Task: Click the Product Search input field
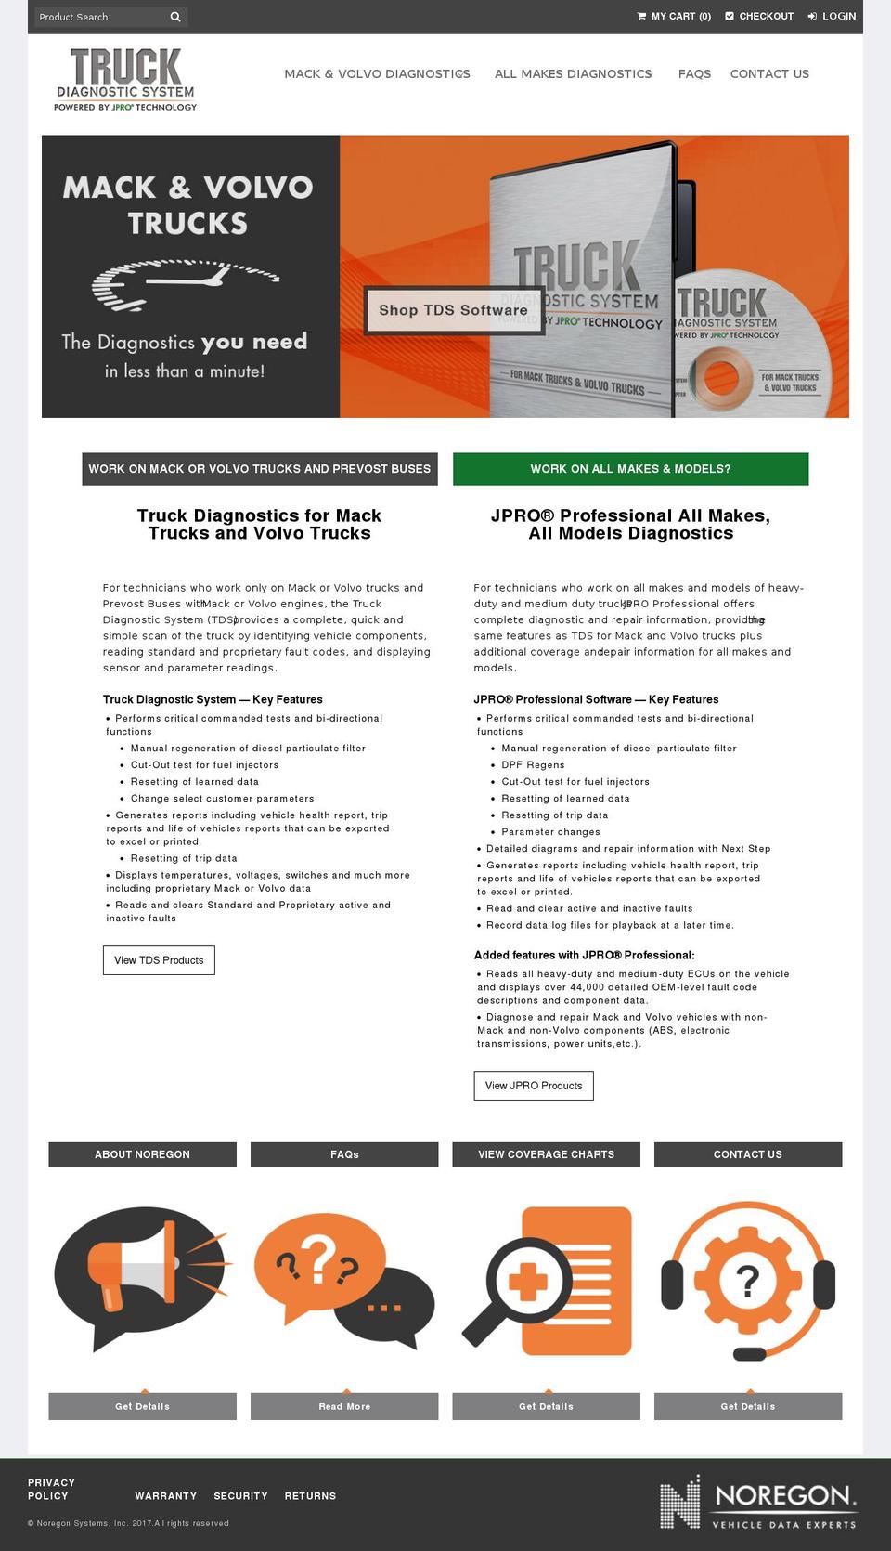pyautogui.click(x=98, y=17)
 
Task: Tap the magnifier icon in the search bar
pyautogui.click(x=175, y=17)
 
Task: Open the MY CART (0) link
pyautogui.click(x=674, y=16)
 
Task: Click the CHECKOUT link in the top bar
pyautogui.click(x=759, y=16)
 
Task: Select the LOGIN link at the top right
pyautogui.click(x=832, y=16)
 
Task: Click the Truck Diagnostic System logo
pyautogui.click(x=125, y=80)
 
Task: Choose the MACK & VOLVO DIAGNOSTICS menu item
pyautogui.click(x=377, y=73)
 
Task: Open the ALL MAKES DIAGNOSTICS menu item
pyautogui.click(x=573, y=73)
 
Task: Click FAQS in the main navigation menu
pyautogui.click(x=694, y=73)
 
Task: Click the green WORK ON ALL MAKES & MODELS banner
pyautogui.click(x=630, y=469)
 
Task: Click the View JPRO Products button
pyautogui.click(x=534, y=1086)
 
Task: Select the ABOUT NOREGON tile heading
pyautogui.click(x=142, y=1154)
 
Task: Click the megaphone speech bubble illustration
pyautogui.click(x=139, y=1277)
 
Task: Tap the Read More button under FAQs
pyautogui.click(x=344, y=1406)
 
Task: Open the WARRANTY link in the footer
pyautogui.click(x=165, y=1496)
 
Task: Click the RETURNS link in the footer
pyautogui.click(x=310, y=1496)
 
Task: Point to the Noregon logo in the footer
pyautogui.click(x=757, y=1502)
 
